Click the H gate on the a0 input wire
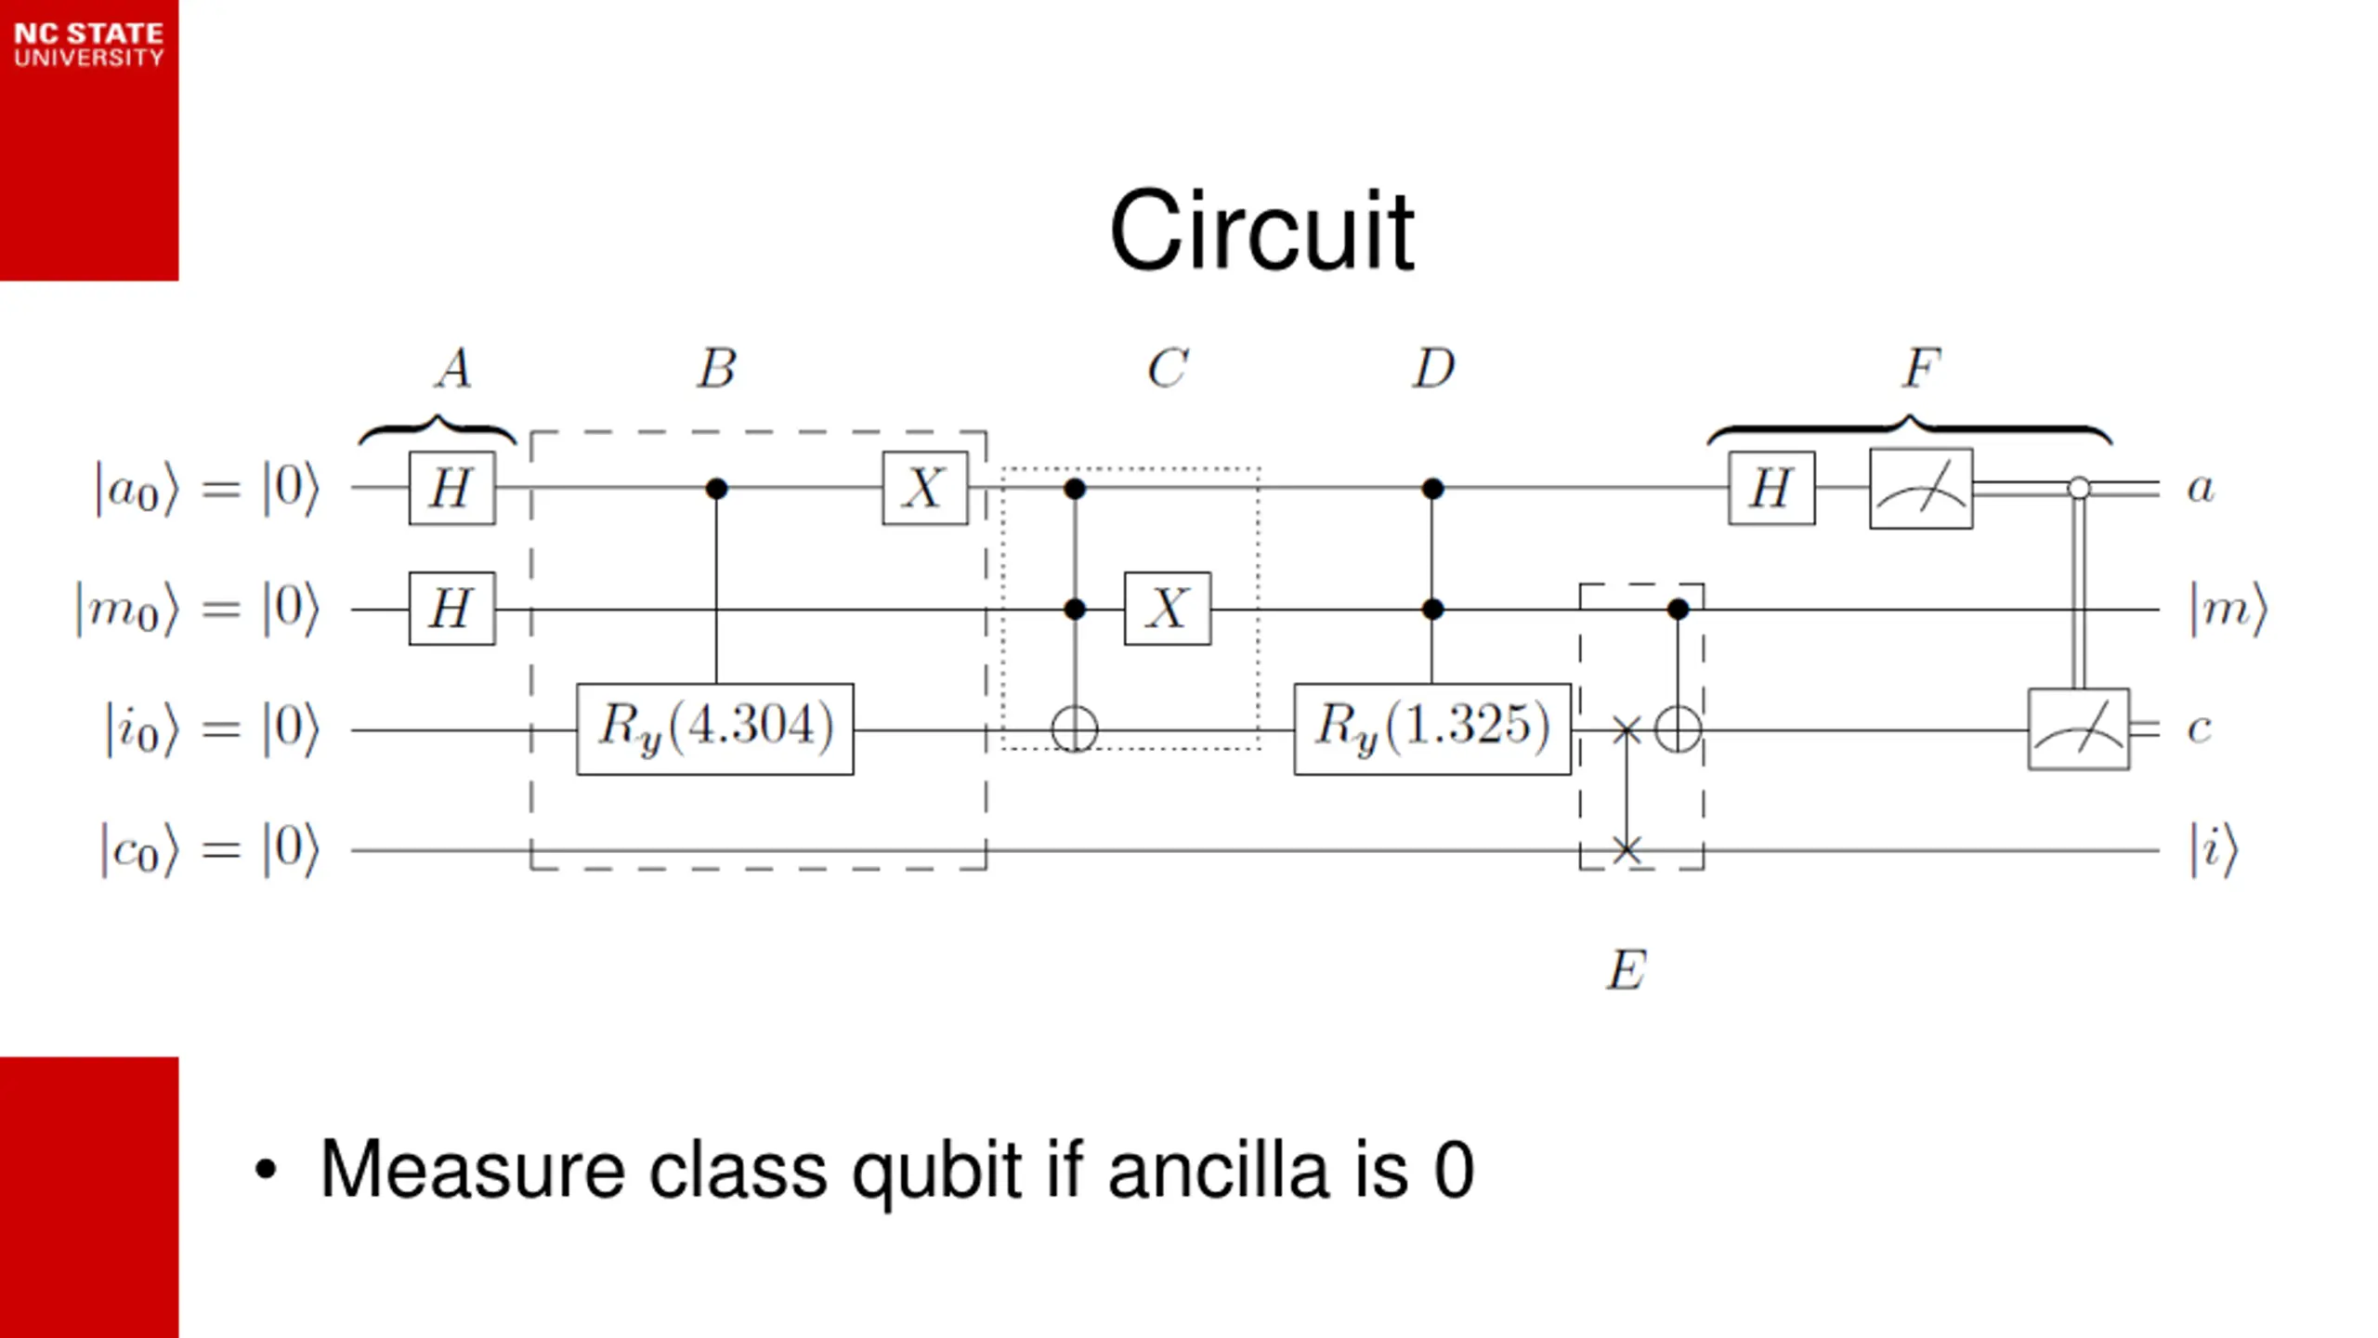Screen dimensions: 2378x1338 click(x=452, y=488)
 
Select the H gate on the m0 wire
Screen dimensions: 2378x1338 click(x=452, y=609)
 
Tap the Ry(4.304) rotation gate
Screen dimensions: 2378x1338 click(x=715, y=729)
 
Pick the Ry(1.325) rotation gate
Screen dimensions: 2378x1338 click(x=1432, y=729)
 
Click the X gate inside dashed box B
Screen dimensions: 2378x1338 click(x=925, y=488)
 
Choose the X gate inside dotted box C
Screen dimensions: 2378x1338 click(x=1168, y=609)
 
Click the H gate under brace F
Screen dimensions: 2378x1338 click(x=1771, y=488)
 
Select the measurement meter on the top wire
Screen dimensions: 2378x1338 click(x=1921, y=489)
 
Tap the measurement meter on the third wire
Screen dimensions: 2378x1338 click(x=2079, y=729)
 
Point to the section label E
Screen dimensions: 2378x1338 click(x=1627, y=970)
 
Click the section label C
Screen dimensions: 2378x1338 click(x=1167, y=368)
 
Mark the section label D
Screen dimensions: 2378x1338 click(x=1433, y=368)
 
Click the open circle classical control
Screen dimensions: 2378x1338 click(x=2079, y=488)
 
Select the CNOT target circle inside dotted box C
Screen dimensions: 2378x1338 click(x=1075, y=729)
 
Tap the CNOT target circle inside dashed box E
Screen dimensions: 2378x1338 click(x=1678, y=729)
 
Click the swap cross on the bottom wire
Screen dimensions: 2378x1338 click(x=1627, y=849)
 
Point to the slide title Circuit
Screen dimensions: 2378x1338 click(x=1261, y=230)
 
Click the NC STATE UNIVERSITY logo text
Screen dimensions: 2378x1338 click(x=89, y=45)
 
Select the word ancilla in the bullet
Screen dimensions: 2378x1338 click(x=1219, y=1170)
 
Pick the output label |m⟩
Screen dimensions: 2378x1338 click(x=2228, y=610)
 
